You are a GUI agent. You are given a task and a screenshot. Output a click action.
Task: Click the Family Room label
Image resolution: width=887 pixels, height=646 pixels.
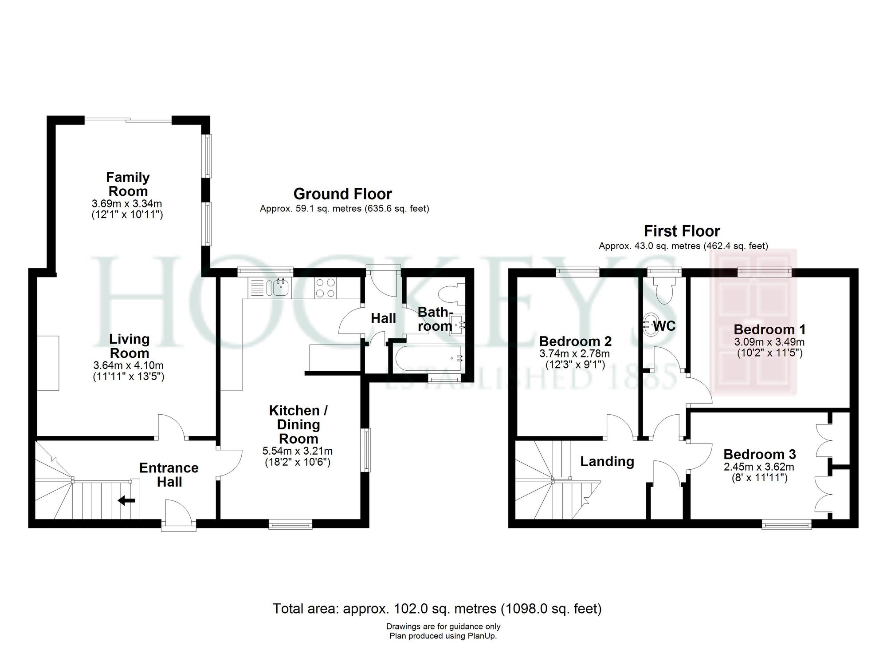coord(128,184)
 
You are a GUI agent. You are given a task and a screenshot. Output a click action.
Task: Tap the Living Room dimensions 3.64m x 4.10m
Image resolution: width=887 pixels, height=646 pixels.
coord(128,366)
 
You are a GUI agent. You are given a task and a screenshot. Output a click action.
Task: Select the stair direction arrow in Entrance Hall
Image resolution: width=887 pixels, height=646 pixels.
coord(127,501)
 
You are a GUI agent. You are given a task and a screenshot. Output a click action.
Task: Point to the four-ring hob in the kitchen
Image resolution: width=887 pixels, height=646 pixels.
coord(325,287)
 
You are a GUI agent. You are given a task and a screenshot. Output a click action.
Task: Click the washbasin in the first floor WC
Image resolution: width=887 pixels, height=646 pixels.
coord(648,324)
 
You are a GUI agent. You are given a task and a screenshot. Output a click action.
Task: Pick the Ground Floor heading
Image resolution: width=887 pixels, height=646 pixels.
coord(342,194)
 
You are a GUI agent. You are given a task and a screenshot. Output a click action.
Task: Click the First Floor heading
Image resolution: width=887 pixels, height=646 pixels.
coord(682,231)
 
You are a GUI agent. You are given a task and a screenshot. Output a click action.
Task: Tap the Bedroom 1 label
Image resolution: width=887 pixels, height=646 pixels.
coord(769,329)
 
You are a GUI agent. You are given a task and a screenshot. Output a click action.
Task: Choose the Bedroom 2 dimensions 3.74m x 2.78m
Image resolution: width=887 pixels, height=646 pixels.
coord(574,354)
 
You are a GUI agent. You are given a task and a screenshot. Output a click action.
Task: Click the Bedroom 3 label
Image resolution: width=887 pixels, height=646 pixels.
coord(759,454)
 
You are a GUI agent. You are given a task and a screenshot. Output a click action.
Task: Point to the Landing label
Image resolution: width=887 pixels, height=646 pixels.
coord(607,461)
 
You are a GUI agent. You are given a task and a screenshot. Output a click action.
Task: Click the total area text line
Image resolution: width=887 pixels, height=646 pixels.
coord(437,608)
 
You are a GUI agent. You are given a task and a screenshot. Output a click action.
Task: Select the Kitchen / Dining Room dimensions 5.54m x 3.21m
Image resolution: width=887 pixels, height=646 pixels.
coord(298,451)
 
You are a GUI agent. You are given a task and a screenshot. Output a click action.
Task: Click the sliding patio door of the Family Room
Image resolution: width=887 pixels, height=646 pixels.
coord(128,119)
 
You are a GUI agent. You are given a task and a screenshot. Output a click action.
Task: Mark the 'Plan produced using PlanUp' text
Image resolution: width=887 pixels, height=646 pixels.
coord(443,636)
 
